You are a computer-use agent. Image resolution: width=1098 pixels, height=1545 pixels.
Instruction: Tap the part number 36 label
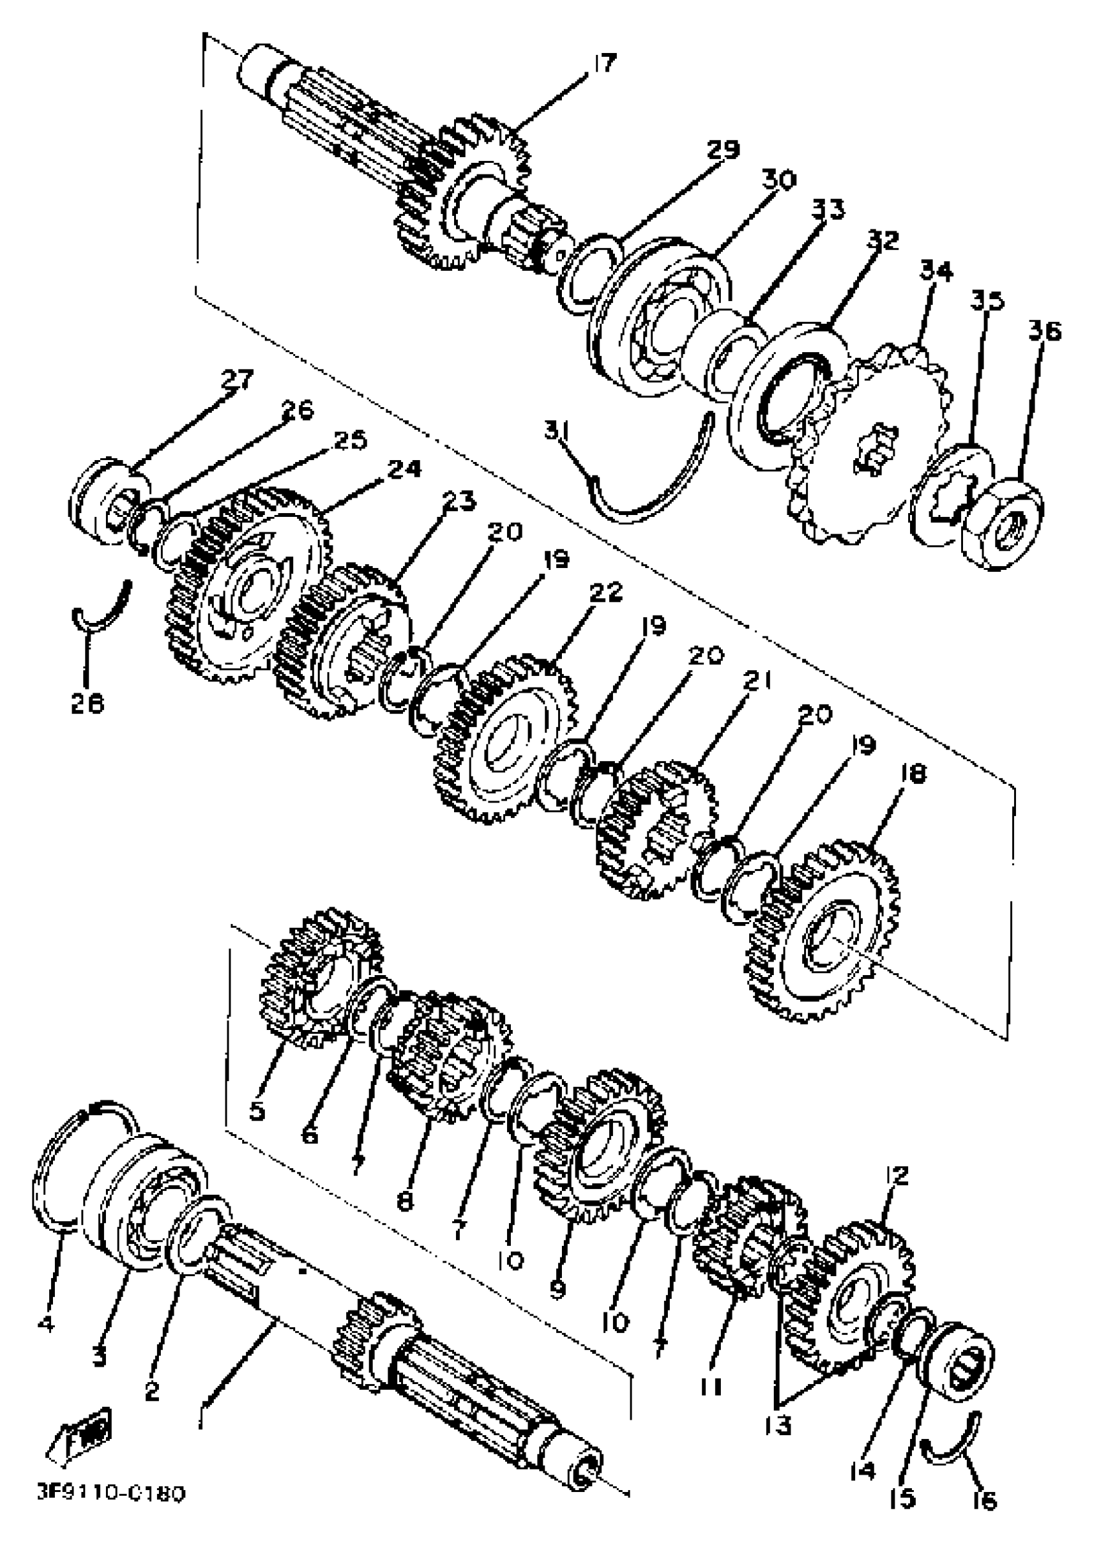(1044, 331)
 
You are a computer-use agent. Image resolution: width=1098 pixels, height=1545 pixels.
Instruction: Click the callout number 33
(828, 209)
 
